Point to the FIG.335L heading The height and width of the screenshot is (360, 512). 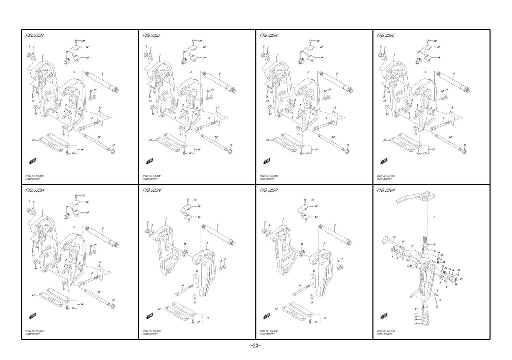386,36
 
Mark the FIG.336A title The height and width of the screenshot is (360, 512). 386,191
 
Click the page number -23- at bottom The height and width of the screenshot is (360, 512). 255,346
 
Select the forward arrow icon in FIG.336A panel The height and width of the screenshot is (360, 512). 384,315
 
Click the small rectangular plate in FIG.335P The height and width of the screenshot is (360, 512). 313,280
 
